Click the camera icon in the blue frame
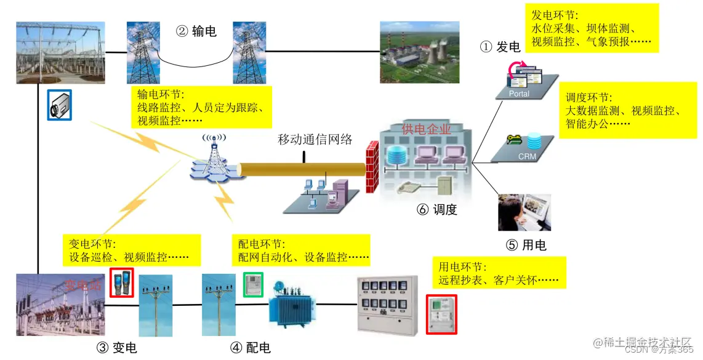point(60,105)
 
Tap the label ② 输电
point(196,31)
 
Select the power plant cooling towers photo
point(419,52)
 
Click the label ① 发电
point(500,47)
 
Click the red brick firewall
point(371,167)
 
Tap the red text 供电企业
point(426,129)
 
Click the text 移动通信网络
point(315,139)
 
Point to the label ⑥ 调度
point(437,209)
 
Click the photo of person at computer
point(524,212)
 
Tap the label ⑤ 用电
point(526,245)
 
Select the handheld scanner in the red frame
point(121,282)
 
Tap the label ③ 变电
point(116,348)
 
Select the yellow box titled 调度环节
point(622,111)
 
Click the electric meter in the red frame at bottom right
point(441,314)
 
